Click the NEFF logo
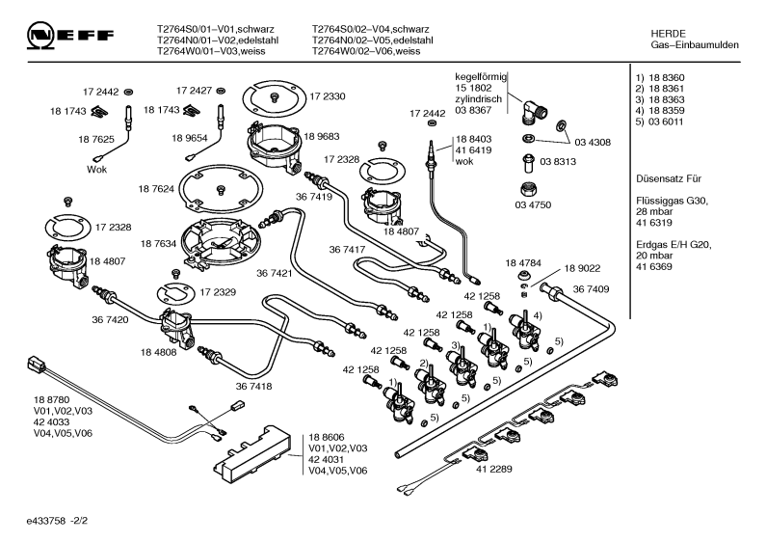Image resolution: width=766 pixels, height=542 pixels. point(70,36)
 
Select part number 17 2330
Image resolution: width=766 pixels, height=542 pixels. point(328,96)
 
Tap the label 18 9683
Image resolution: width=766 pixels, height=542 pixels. point(322,137)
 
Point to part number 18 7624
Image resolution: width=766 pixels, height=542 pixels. point(156,189)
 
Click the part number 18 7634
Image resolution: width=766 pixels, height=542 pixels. point(158,244)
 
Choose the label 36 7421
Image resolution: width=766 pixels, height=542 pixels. point(274,273)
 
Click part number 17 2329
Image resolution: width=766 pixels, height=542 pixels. point(218,292)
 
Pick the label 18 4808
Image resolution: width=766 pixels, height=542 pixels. point(158,352)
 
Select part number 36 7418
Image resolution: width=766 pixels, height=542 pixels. point(254,387)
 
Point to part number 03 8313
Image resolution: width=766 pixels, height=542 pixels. point(558,161)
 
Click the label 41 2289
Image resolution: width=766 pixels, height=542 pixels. point(494,469)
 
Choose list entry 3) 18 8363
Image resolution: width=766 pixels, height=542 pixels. point(660,99)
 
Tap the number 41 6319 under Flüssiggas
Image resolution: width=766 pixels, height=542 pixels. point(654,223)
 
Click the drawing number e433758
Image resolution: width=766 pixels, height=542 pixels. point(46,521)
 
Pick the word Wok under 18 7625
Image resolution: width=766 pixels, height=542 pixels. point(96,170)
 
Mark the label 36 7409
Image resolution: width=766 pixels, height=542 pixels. point(591,289)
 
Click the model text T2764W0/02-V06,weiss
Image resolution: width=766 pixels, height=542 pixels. point(366,51)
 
